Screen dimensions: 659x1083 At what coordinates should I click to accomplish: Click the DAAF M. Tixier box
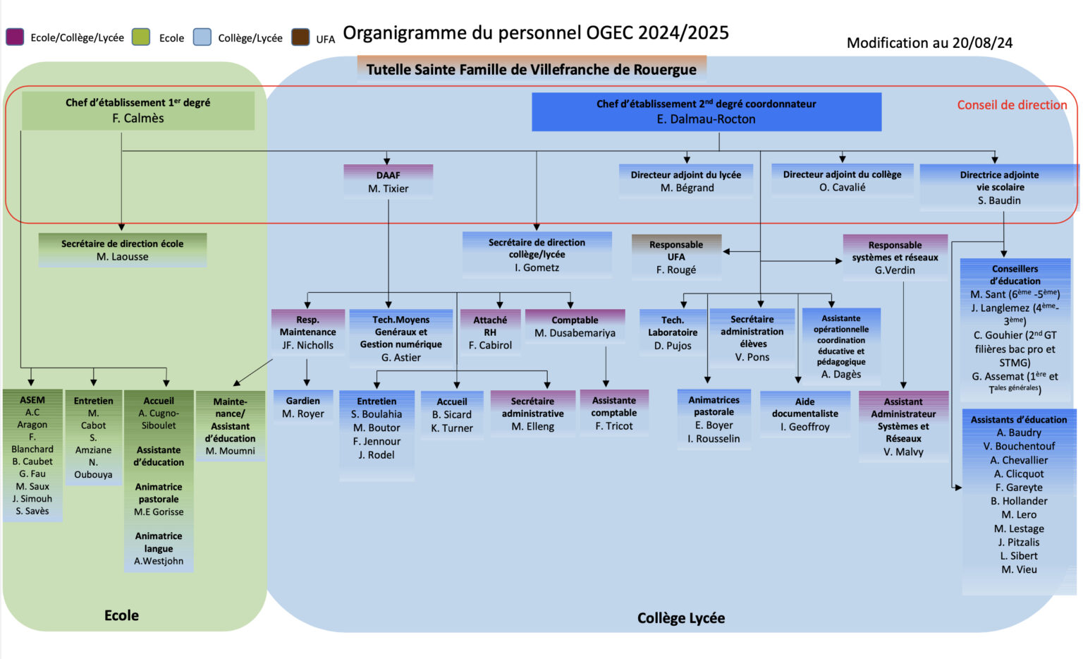click(388, 181)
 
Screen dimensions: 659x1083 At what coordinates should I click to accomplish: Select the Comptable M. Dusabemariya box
click(575, 327)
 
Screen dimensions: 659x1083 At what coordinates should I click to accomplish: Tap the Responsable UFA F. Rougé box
click(675, 257)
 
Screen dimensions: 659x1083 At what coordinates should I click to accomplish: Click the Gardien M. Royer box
click(303, 407)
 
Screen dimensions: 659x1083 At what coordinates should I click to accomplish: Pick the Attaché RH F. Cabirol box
click(490, 332)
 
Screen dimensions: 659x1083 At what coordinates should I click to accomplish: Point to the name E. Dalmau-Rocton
click(706, 119)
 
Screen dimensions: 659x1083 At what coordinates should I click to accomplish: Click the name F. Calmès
click(138, 118)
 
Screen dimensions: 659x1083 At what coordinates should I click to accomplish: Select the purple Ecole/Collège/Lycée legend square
click(15, 37)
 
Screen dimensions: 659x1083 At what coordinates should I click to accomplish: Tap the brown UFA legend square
click(301, 37)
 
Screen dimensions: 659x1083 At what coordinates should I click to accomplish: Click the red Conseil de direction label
click(1012, 105)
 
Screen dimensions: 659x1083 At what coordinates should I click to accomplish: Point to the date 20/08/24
click(982, 43)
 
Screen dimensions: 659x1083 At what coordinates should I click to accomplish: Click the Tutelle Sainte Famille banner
click(531, 69)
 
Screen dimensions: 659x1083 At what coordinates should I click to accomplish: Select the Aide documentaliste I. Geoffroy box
click(804, 414)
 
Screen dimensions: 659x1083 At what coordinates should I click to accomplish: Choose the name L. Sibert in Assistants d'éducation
click(1019, 556)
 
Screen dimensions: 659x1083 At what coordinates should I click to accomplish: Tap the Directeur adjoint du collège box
click(842, 181)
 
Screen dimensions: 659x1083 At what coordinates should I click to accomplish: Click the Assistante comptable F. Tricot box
click(613, 413)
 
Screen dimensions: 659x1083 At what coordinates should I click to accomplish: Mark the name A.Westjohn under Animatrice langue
click(159, 561)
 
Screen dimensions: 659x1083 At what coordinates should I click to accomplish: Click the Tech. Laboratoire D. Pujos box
click(673, 333)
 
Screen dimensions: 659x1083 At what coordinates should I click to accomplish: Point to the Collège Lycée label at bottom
click(680, 618)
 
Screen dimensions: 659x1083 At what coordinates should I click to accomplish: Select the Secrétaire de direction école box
click(122, 250)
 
